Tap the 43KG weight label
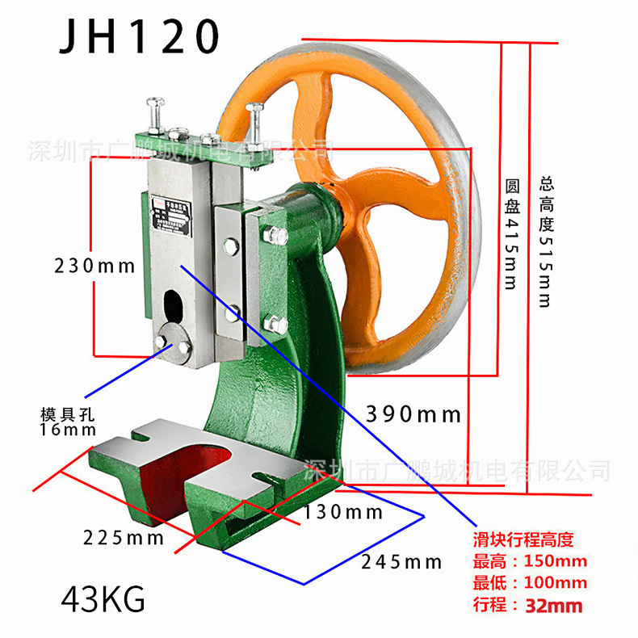point(103,600)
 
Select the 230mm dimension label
point(94,265)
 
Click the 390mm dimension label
point(413,414)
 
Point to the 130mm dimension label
point(343,512)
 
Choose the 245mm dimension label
point(401,562)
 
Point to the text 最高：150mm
point(530,561)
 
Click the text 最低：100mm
point(530,583)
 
